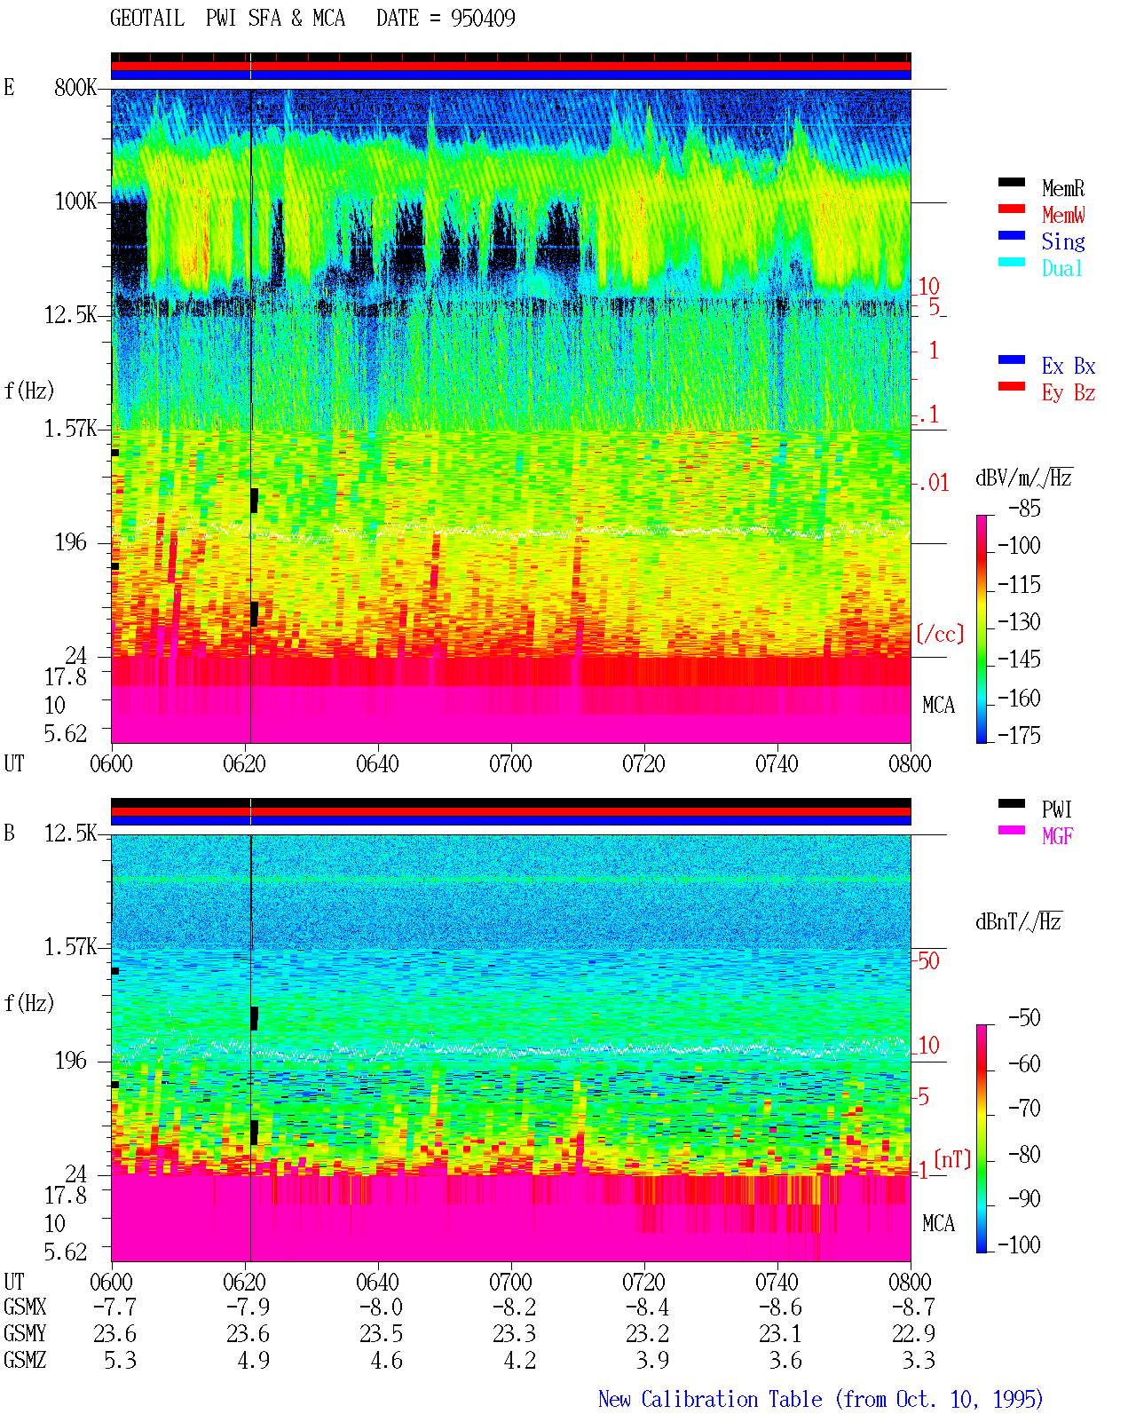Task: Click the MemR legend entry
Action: [1062, 188]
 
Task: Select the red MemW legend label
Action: [1063, 214]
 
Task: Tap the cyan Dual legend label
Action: [1061, 268]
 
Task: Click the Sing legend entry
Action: [1062, 241]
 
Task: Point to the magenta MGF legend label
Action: [1057, 836]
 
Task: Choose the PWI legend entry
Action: [1056, 809]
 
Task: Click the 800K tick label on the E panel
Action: [75, 87]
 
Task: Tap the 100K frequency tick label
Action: [75, 201]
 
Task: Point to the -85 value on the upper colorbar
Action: [1023, 508]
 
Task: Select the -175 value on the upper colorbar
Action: [1019, 735]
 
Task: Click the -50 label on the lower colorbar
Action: [1023, 1017]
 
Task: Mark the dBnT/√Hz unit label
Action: [1018, 921]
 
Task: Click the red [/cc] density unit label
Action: [940, 634]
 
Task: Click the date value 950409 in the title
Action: [483, 19]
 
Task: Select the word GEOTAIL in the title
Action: [147, 19]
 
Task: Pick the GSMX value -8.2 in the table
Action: [515, 1307]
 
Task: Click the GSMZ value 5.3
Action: [120, 1360]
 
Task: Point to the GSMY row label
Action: [25, 1333]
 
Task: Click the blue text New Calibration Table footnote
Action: [821, 1399]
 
